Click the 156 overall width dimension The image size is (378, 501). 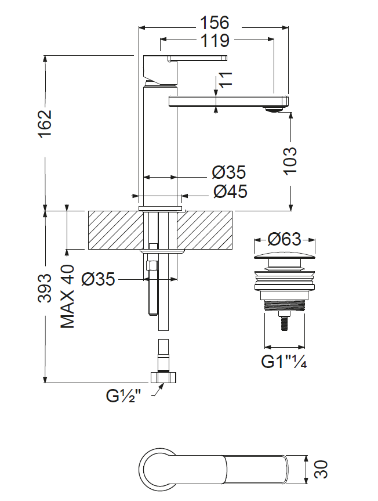[215, 23]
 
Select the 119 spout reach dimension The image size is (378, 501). [215, 41]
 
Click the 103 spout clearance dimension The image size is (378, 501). [290, 161]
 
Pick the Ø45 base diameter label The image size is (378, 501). [230, 192]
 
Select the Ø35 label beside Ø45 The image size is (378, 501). [229, 172]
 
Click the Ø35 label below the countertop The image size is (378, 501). [98, 279]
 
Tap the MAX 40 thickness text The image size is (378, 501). [67, 296]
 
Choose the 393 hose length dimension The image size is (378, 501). [44, 288]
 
